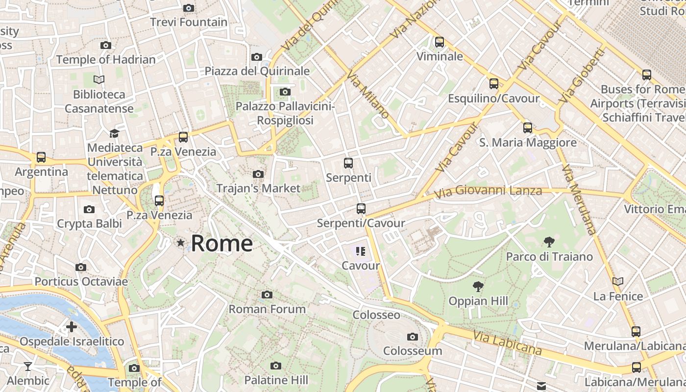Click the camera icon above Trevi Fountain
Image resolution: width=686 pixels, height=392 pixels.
188,8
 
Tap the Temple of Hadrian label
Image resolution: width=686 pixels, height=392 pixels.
106,60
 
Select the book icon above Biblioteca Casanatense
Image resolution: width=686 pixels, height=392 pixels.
99,79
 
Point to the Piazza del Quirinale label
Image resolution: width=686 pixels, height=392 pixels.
257,71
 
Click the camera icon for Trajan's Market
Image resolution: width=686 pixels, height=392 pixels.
258,174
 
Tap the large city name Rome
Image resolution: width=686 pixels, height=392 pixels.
221,244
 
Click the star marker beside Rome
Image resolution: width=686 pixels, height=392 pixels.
181,243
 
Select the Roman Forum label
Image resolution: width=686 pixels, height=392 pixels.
267,309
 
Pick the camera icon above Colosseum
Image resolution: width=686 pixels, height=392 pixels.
413,337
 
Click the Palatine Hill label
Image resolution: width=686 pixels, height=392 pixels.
276,380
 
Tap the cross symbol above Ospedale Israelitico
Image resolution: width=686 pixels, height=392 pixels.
72,327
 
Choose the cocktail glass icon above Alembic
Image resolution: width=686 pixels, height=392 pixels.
28,366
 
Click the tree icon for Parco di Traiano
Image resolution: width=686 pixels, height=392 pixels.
549,242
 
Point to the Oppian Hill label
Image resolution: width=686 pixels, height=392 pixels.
478,301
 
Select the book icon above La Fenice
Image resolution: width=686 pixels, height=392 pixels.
618,281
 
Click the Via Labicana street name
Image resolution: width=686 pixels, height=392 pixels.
508,343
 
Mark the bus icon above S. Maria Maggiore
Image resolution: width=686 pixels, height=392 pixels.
528,128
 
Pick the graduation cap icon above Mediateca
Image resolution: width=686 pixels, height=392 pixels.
114,133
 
